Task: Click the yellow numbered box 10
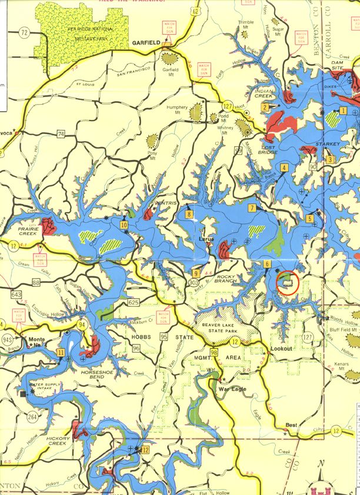click(124, 225)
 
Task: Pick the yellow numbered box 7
click(251, 208)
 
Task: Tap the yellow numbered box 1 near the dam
click(343, 111)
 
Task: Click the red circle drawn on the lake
click(287, 283)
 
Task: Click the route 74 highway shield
click(61, 135)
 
